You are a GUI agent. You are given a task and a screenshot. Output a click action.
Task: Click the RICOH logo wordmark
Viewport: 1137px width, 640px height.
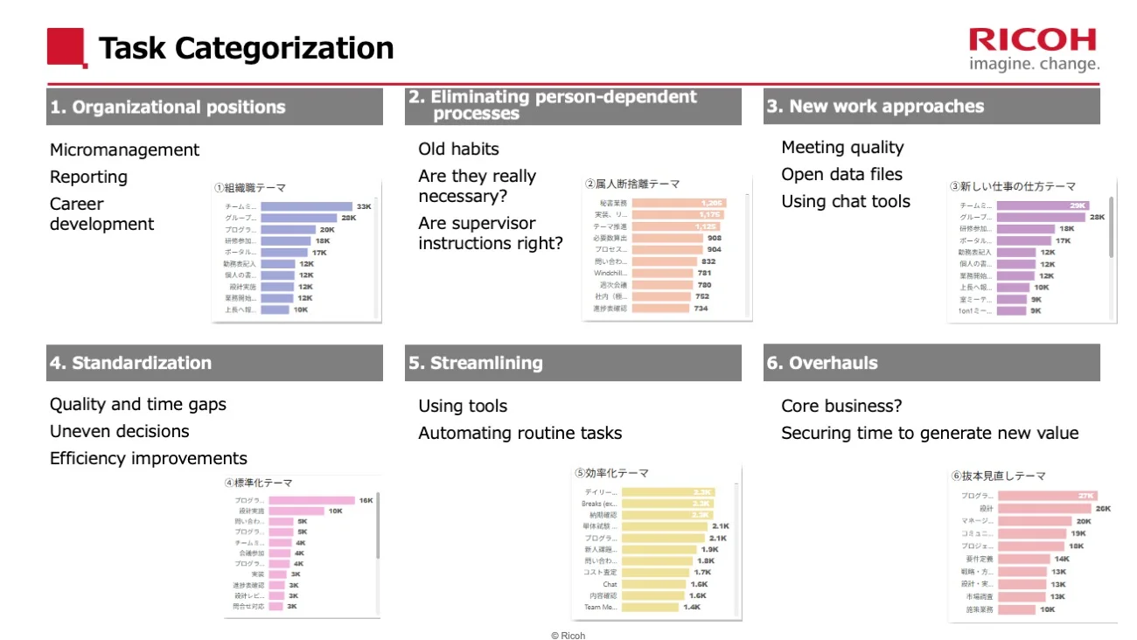1032,40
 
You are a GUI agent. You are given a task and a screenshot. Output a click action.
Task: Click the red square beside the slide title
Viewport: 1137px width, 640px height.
66,47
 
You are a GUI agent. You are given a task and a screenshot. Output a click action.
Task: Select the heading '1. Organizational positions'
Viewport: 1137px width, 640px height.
168,108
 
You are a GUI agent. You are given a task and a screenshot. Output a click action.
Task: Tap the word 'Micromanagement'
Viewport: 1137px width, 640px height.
124,150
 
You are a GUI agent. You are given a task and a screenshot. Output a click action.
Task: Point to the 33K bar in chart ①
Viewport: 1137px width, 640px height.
306,206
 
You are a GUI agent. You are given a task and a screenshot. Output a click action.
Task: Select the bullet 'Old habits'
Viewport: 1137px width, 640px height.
458,150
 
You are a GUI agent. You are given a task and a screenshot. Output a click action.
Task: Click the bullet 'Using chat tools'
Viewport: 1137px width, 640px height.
845,202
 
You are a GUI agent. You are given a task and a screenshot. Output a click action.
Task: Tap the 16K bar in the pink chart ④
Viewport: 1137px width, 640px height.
311,500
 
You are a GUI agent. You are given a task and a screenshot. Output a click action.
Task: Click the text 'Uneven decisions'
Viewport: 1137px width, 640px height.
119,432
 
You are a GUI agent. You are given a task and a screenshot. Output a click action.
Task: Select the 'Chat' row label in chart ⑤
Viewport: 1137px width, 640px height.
610,584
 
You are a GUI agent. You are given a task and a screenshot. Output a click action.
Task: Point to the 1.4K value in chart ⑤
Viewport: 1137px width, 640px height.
692,607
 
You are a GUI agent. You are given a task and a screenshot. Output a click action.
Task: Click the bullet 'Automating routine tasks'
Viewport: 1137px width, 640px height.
520,434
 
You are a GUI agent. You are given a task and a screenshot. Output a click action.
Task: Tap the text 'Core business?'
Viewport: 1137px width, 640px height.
841,407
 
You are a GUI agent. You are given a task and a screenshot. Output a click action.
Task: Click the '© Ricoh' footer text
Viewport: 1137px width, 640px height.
568,636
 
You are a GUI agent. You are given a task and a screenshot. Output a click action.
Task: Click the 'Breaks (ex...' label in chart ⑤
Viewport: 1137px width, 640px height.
599,504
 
